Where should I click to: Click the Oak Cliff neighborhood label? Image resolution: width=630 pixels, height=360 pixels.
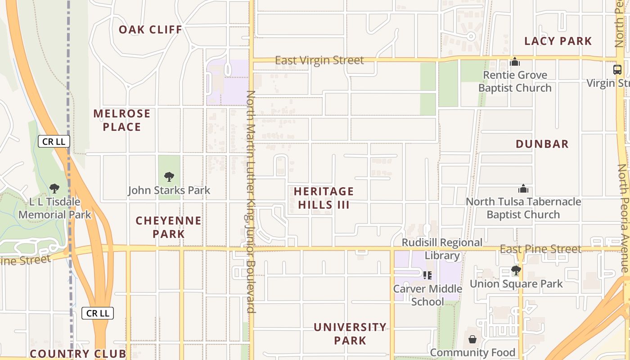point(150,30)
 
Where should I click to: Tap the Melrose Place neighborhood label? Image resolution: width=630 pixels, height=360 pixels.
point(122,120)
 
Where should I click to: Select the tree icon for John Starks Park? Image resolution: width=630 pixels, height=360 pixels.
point(169,177)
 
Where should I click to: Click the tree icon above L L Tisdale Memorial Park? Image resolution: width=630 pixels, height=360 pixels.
point(54,188)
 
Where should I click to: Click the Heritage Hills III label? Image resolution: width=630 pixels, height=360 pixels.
point(324,198)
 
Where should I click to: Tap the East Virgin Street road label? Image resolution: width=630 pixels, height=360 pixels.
point(319,60)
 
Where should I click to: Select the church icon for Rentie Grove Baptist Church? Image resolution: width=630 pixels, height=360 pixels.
point(515,62)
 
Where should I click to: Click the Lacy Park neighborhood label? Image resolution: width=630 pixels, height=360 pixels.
point(558,41)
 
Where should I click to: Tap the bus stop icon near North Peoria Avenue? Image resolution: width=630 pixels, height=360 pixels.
point(617,70)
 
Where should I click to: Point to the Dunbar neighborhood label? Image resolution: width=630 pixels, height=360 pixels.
point(542,144)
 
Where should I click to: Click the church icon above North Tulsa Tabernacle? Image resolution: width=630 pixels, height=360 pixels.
point(523,189)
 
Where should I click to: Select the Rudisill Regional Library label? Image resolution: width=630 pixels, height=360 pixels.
point(442,249)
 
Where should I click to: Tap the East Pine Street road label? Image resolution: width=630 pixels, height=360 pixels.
point(540,249)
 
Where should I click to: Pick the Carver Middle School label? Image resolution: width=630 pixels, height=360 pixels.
point(427,295)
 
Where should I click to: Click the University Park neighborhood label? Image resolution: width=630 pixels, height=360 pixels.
point(350,333)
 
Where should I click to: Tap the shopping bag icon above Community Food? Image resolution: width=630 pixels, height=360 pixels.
point(472,339)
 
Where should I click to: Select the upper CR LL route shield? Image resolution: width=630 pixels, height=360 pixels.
point(54,141)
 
